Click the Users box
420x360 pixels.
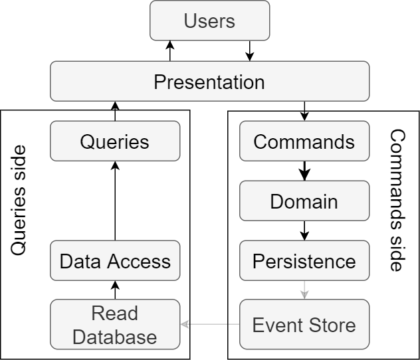pyautogui.click(x=210, y=21)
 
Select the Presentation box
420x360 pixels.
pyautogui.click(x=210, y=82)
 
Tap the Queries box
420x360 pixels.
pyautogui.click(x=115, y=141)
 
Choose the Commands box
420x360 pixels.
pyautogui.click(x=304, y=141)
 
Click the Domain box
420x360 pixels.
pyautogui.click(x=304, y=201)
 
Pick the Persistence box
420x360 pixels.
pyautogui.click(x=304, y=260)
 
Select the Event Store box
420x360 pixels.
pyautogui.click(x=304, y=325)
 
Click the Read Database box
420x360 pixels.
pyautogui.click(x=115, y=325)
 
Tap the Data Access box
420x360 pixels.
pyautogui.click(x=115, y=260)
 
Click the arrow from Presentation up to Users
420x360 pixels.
pyautogui.click(x=171, y=50)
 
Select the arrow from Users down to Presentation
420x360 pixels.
pyautogui.click(x=250, y=50)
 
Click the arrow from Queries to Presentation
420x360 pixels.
pyautogui.click(x=115, y=112)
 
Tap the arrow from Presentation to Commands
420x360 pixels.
pyautogui.click(x=304, y=112)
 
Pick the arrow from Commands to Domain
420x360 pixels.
pyautogui.click(x=304, y=171)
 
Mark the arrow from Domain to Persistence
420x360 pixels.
pyautogui.click(x=304, y=230)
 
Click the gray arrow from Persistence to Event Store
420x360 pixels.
pyautogui.click(x=304, y=290)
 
